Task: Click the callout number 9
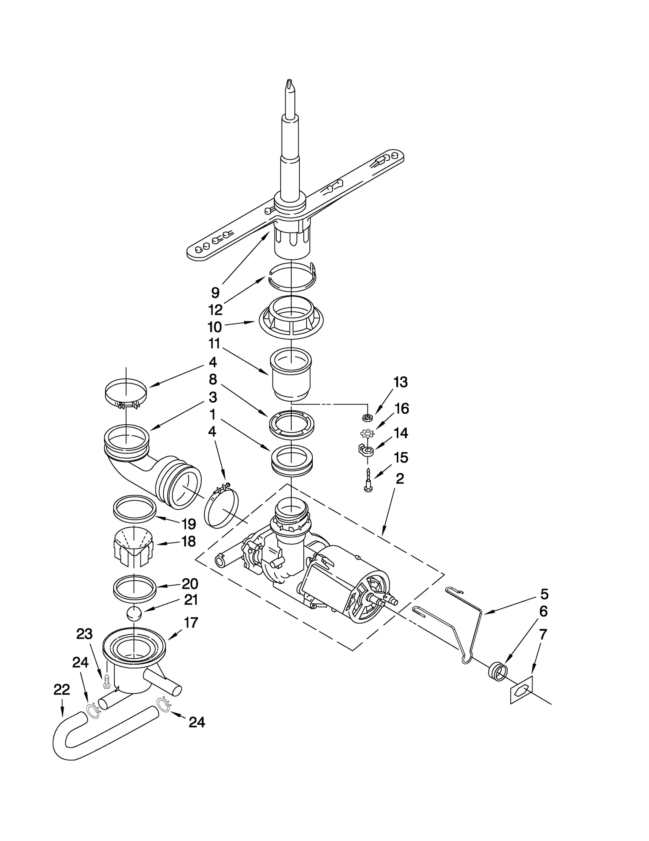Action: point(215,292)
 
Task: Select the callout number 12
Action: point(215,310)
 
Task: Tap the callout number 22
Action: point(62,689)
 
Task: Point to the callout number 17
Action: point(191,623)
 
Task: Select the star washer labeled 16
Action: point(366,434)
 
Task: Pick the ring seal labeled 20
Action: point(134,588)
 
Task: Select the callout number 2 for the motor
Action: point(400,478)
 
